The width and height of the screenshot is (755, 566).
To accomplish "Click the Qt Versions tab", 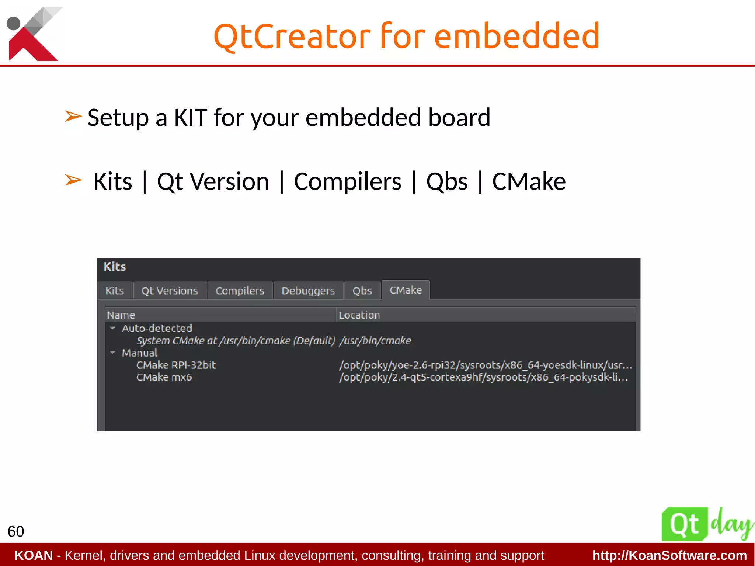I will coord(169,291).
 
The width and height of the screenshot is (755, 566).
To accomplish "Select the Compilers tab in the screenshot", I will coord(240,291).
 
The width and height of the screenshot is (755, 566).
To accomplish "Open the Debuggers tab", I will coord(308,291).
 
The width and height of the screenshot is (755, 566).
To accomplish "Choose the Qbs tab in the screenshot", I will coord(362,291).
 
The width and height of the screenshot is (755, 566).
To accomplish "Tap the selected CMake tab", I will coord(405,290).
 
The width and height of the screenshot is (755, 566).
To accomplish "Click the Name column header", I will coord(121,315).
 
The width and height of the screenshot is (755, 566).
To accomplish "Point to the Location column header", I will coord(359,315).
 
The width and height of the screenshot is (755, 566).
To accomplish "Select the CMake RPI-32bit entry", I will coord(176,365).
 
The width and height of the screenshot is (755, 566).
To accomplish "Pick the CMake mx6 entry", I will coord(164,377).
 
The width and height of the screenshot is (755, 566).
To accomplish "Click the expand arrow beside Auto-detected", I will coord(113,328).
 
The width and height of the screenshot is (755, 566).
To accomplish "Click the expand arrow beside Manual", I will coord(113,352).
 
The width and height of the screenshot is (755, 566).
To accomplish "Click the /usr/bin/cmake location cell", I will coord(375,340).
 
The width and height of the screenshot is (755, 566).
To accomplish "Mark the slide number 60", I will coord(16,531).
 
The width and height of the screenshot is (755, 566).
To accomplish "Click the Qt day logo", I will coord(706,524).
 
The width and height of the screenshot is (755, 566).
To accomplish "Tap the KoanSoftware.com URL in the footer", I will coord(669,555).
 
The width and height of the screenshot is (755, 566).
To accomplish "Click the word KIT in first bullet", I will coord(190,118).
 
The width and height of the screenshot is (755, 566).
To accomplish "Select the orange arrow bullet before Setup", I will coord(73,117).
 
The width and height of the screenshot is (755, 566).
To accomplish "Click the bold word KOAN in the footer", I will coord(34,555).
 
